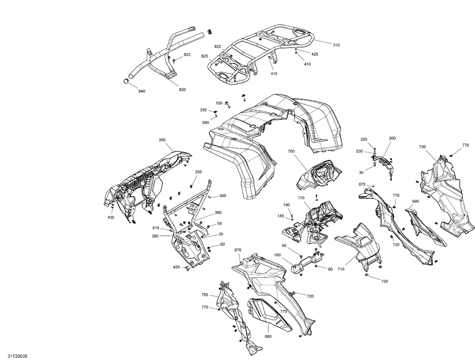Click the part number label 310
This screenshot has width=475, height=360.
pyautogui.click(x=336, y=45)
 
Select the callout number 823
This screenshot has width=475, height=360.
pyautogui.click(x=187, y=55)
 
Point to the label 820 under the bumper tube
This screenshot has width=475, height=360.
pyautogui.click(x=182, y=90)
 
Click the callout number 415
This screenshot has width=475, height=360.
pyautogui.click(x=274, y=74)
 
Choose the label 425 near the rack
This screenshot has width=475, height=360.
pyautogui.click(x=315, y=54)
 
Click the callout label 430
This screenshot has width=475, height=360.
pyautogui.click(x=111, y=218)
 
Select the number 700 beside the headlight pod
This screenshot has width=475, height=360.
pyautogui.click(x=291, y=151)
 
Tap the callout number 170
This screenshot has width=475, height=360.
pyautogui.click(x=301, y=198)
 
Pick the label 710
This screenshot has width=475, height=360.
pyautogui.click(x=341, y=269)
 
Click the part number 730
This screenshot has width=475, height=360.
pyautogui.click(x=422, y=147)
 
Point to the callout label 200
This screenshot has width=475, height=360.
pyautogui.click(x=392, y=138)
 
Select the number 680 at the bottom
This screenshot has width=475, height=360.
pyautogui.click(x=268, y=337)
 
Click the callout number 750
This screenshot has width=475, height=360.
pyautogui.click(x=205, y=295)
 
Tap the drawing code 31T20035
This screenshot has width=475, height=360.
pyautogui.click(x=18, y=356)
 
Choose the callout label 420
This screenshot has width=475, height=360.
pyautogui.click(x=176, y=267)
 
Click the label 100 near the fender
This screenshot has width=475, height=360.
pyautogui.click(x=219, y=103)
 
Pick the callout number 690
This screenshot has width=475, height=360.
pyautogui.click(x=415, y=201)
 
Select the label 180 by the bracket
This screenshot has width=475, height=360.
pyautogui.click(x=277, y=255)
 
